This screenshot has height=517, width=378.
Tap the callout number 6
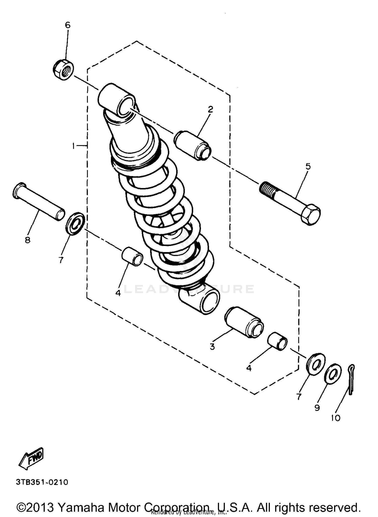coord(68,25)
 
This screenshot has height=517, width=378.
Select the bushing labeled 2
coord(193,145)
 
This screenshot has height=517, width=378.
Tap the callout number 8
coord(27,240)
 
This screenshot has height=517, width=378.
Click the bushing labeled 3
coord(244,322)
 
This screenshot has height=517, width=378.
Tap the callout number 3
coord(212,347)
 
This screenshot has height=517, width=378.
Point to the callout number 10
coord(335,418)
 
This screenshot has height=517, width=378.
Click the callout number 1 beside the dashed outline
coord(73,146)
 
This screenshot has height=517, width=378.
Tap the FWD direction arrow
coord(31,459)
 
